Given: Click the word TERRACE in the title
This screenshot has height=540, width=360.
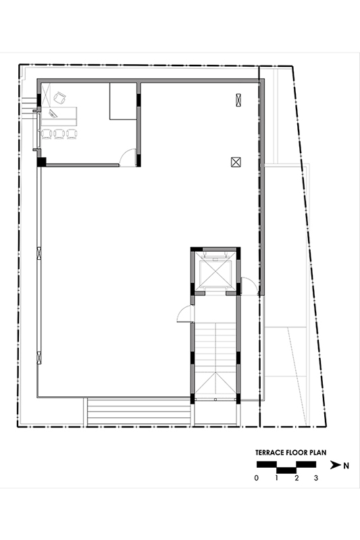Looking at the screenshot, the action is click(x=270, y=452).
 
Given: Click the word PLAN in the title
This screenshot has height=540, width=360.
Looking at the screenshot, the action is click(x=317, y=452).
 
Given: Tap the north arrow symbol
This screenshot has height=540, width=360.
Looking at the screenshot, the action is click(x=336, y=465).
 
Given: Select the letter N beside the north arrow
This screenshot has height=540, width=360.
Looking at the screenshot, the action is click(x=346, y=466).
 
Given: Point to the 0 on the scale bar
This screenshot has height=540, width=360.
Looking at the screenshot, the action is click(x=256, y=478).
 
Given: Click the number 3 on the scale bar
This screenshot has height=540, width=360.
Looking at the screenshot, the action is click(x=316, y=478).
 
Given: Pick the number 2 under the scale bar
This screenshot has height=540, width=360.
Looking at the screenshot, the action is click(x=297, y=478).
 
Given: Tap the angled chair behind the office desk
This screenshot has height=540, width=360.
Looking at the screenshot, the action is click(x=59, y=98).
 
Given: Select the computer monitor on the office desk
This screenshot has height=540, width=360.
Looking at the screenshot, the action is click(x=53, y=113).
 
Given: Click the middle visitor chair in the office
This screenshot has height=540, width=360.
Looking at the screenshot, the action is click(x=59, y=134).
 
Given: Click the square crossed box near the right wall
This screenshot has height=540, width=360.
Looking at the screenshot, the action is click(x=236, y=161).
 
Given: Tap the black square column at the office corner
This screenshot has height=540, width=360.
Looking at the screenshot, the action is click(x=42, y=162).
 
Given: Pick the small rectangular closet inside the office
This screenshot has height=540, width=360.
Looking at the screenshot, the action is click(x=124, y=101).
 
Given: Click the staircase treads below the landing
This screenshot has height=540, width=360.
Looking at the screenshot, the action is click(x=215, y=347).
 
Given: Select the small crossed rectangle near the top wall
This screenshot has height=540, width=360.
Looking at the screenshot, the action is click(x=238, y=100).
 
